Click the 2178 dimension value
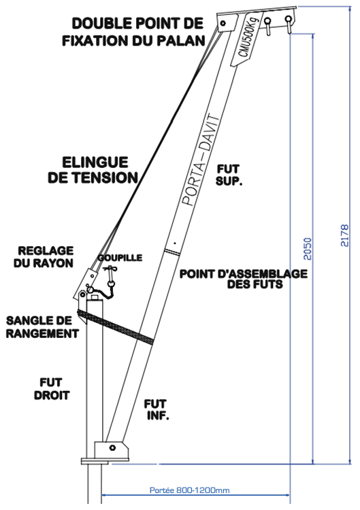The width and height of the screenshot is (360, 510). tap(344, 235)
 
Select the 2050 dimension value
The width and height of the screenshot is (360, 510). tap(308, 249)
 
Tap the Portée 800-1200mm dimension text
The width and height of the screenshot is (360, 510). tap(189, 490)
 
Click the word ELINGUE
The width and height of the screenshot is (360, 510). tap(95, 162)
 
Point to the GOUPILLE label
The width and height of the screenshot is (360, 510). tap(120, 258)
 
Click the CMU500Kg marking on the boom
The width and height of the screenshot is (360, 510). tap(248, 37)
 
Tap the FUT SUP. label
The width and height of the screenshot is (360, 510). tap(229, 175)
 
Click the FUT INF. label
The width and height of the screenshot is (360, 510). tap(157, 409)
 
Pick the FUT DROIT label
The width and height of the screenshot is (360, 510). tap(52, 389)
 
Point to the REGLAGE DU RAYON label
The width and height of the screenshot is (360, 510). tap(44, 256)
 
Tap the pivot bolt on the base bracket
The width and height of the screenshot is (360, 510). tap(112, 447)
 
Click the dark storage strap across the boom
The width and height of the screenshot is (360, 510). tap(115, 326)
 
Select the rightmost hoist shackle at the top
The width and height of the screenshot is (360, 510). tap(289, 24)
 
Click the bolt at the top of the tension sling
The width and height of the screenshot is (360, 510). tap(223, 23)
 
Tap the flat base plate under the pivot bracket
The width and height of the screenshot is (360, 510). tap(105, 461)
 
